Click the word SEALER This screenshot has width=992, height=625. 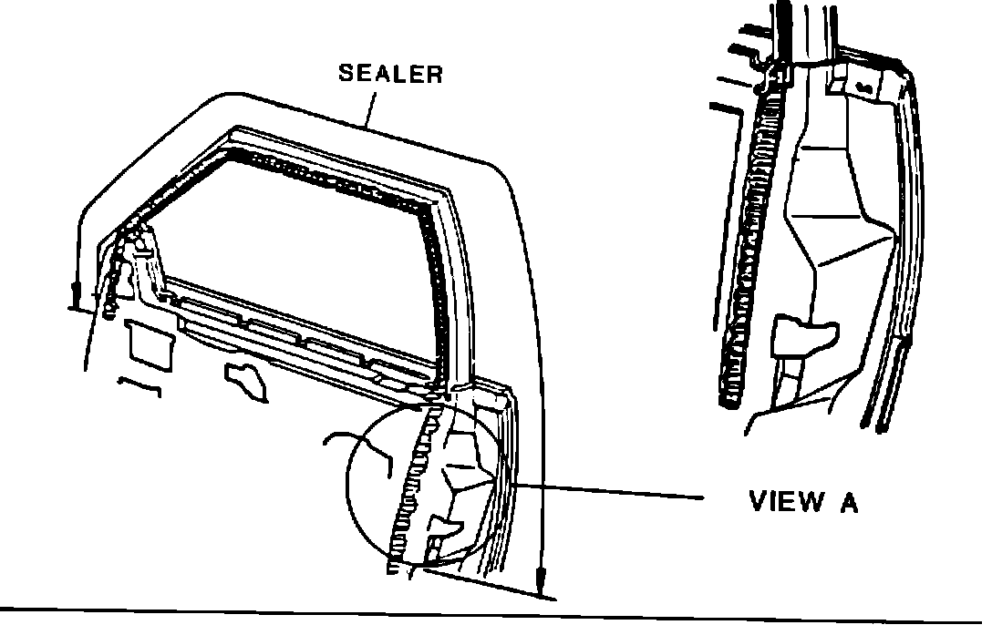[x=390, y=74]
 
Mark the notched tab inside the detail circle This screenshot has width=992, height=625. [x=446, y=525]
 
